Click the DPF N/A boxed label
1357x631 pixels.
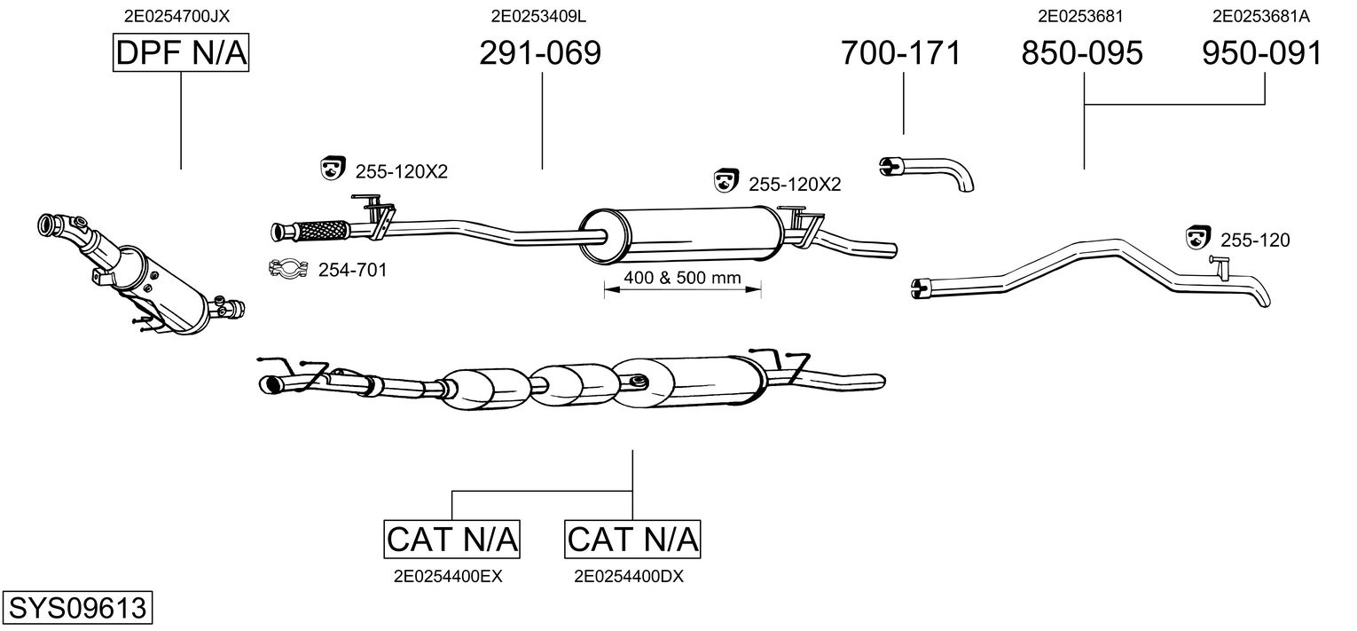[181, 53]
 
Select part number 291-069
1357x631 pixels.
[540, 53]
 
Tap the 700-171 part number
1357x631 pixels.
[900, 53]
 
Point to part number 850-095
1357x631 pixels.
[1082, 53]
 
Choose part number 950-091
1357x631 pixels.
[1262, 53]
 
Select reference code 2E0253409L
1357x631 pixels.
[538, 15]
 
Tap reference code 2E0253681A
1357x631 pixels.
[1260, 15]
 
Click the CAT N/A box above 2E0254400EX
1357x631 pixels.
[452, 539]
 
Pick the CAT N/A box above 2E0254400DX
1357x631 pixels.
[632, 539]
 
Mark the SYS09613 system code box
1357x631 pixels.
[77, 608]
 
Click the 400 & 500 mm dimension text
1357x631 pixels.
[682, 278]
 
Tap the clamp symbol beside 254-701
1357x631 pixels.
[286, 268]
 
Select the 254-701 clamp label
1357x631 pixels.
[352, 270]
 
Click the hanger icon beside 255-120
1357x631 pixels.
[1198, 238]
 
